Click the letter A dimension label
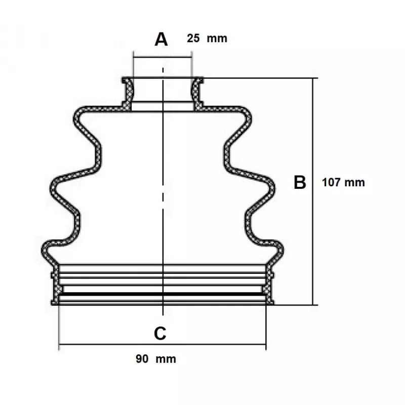coord(161,39)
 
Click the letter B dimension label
coord(300,182)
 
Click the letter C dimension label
coord(160,334)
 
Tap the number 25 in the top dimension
coord(193,38)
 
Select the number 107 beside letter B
coord(331,182)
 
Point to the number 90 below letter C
coord(142,359)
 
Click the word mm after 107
coord(355,183)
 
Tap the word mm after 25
coord(217,39)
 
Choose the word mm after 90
coord(166,359)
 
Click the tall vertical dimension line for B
coord(313,191)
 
